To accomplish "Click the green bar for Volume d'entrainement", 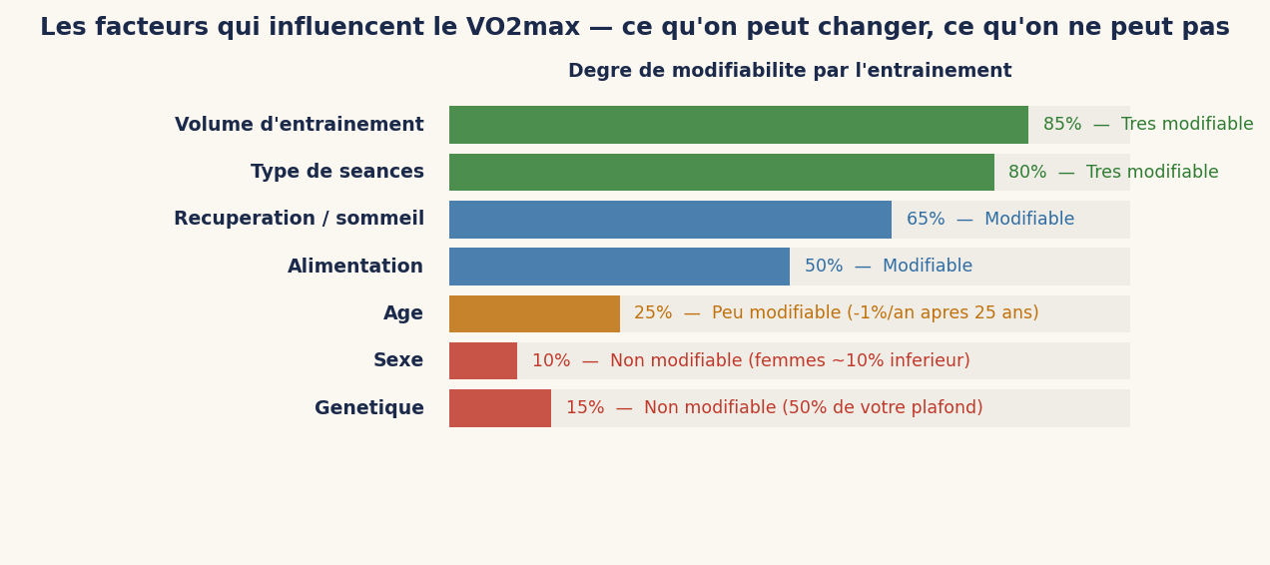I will click(x=739, y=125).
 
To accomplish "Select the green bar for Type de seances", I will click(x=721, y=172).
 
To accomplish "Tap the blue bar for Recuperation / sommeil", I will click(x=670, y=220).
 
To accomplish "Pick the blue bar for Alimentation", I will click(x=619, y=267).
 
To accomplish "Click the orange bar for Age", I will click(x=534, y=313).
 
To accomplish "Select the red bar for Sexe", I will click(x=483, y=360).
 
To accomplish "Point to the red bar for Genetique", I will click(x=500, y=408).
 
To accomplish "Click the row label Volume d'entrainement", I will click(x=299, y=125).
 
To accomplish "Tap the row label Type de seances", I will click(x=336, y=172).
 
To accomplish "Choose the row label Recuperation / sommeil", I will click(x=299, y=219).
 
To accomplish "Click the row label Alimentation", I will click(x=355, y=267).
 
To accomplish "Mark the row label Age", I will click(x=403, y=313).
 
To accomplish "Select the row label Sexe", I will click(x=398, y=360).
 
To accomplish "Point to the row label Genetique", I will click(x=368, y=408).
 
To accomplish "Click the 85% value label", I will click(x=1062, y=125).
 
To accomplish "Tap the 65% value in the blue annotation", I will click(x=926, y=220).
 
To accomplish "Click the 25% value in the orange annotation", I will click(x=653, y=313).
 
